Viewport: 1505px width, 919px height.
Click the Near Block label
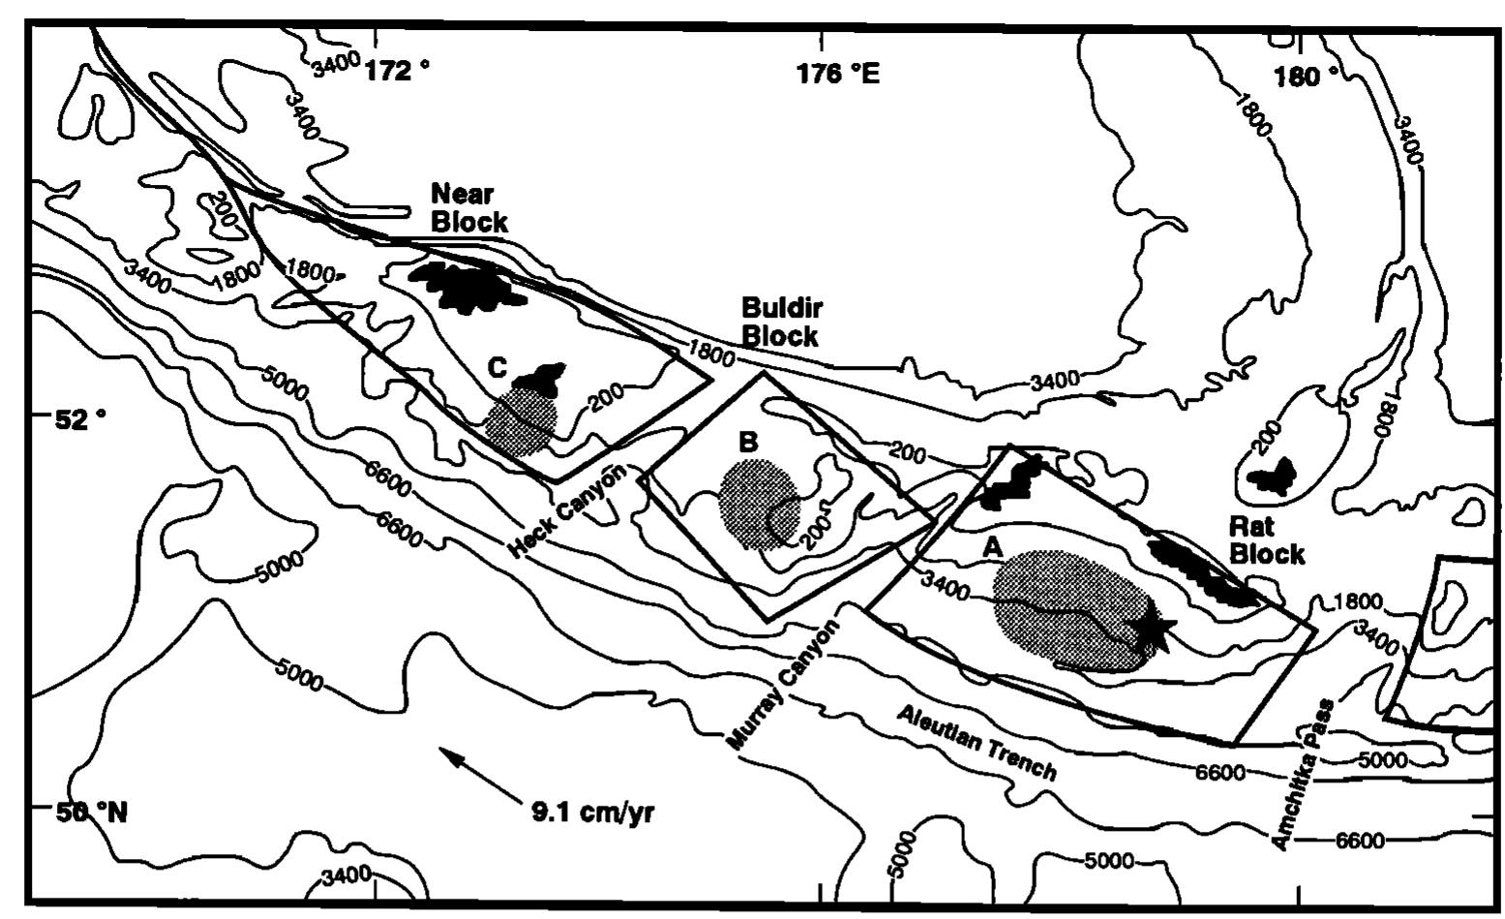(468, 207)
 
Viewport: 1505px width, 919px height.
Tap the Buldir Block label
(781, 322)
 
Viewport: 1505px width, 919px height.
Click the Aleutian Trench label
(976, 742)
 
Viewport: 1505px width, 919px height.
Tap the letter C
(497, 367)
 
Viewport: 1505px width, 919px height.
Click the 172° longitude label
(397, 71)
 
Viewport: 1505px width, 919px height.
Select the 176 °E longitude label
(838, 73)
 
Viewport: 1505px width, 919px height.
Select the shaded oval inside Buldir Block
(760, 504)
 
